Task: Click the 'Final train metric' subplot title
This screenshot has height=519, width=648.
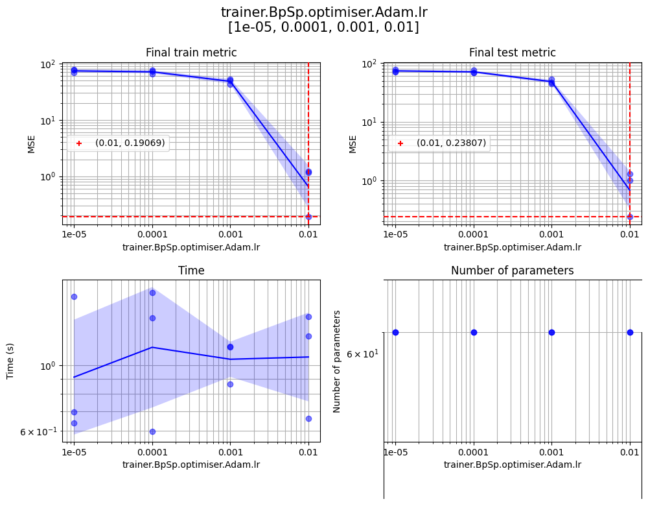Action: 191,53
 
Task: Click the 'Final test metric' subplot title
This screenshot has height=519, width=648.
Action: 513,53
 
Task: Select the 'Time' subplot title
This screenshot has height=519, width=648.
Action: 191,271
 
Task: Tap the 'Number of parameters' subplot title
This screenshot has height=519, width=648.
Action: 513,271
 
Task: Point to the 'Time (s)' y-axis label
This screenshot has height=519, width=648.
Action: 10,361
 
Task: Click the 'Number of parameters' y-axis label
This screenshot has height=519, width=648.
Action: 337,361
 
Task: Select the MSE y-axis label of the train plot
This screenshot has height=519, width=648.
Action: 32,144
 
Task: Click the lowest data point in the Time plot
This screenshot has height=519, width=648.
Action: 152,431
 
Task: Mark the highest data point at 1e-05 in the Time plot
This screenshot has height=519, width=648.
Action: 74,296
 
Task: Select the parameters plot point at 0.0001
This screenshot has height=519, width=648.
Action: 474,332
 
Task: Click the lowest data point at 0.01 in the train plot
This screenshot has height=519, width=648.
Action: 308,216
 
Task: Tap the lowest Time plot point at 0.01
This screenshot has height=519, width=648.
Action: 308,418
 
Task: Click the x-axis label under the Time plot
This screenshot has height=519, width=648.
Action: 191,465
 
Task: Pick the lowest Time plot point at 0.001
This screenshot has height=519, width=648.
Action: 230,384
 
